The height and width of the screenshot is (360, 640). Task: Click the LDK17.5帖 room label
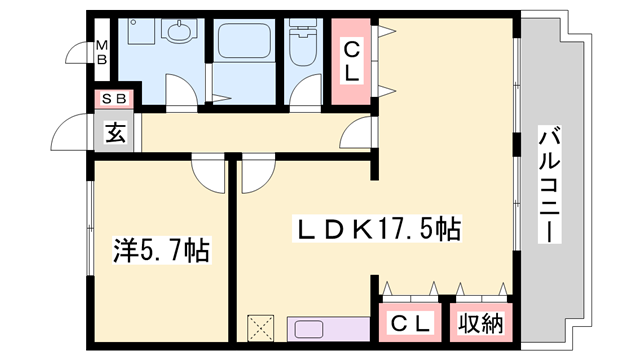(375, 229)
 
